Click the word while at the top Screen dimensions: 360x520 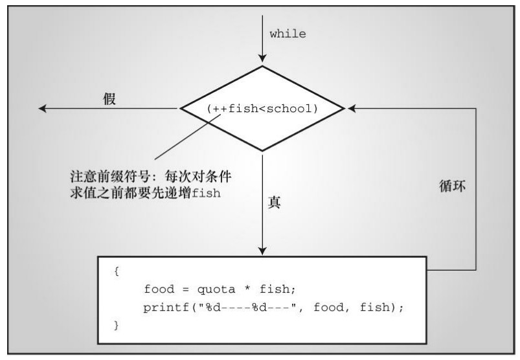pos(288,34)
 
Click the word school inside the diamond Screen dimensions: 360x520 pos(295,109)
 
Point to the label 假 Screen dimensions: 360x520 pos(109,100)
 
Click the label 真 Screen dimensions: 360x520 pos(274,202)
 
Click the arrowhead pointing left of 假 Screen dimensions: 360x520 pos(43,109)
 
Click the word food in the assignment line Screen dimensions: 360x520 pos(157,289)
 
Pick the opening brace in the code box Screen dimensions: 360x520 pos(117,271)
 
